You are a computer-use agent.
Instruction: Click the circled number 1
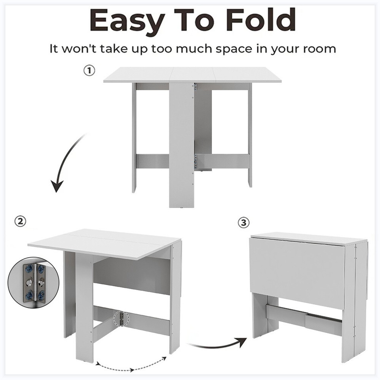coord(89,71)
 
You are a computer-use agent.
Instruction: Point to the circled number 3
coord(244,223)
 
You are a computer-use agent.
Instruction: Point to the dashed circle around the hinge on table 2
coord(122,318)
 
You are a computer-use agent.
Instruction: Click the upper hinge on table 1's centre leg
coord(195,87)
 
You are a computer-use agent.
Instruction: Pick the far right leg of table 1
coord(250,135)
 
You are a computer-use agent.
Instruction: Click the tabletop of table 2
coord(105,243)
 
